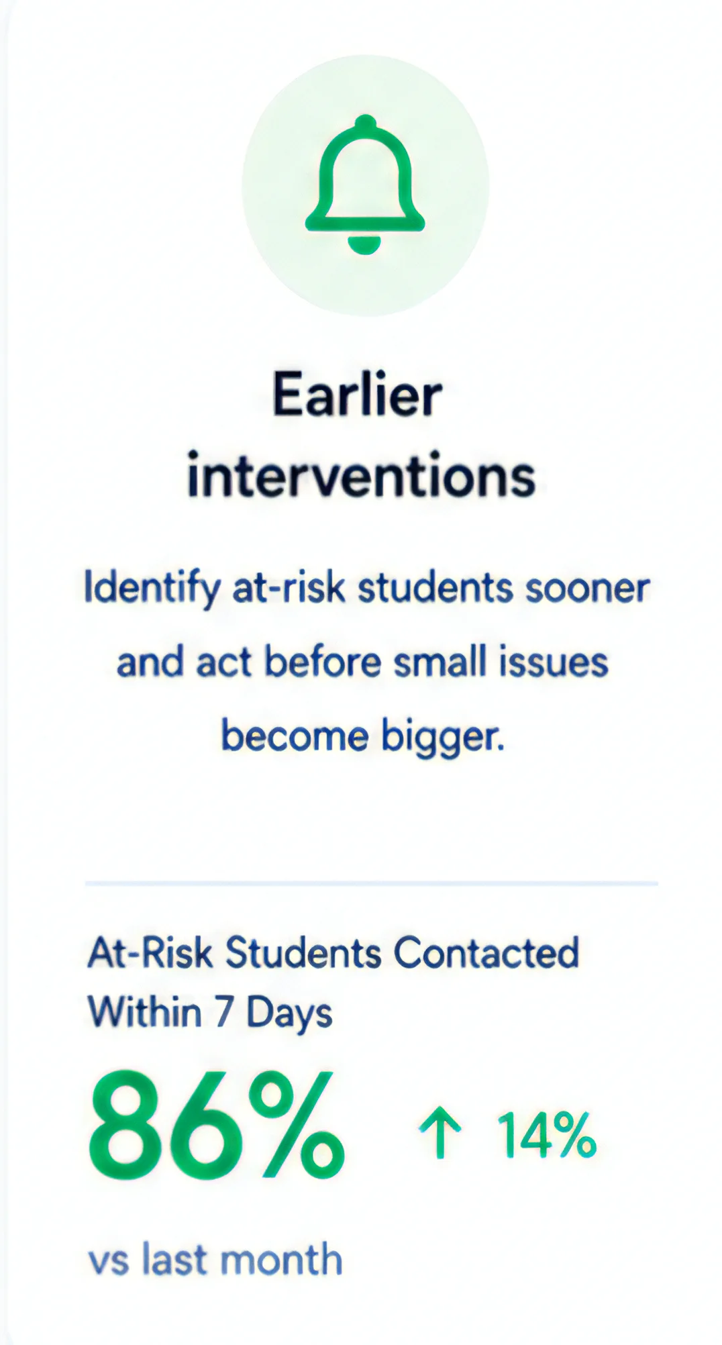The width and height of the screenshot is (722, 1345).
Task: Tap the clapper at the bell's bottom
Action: click(365, 245)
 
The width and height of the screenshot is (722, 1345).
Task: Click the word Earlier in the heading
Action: click(357, 395)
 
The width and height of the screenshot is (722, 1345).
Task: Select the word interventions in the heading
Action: click(361, 475)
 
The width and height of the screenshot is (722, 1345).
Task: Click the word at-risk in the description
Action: click(289, 588)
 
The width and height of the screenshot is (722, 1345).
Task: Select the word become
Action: click(295, 736)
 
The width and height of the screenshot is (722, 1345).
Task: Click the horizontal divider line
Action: click(371, 884)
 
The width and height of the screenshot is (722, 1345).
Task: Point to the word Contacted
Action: click(486, 952)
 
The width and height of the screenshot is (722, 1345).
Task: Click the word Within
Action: click(144, 1011)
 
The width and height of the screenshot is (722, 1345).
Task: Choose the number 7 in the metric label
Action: click(223, 1012)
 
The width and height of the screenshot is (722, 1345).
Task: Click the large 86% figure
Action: click(216, 1126)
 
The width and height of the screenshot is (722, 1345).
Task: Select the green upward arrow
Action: click(440, 1133)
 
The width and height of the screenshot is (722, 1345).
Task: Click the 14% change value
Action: click(546, 1134)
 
